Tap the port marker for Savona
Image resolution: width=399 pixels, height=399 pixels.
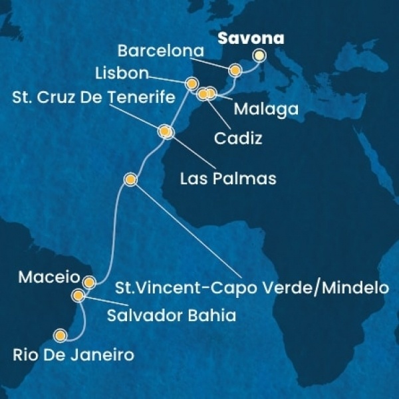tap(259, 56)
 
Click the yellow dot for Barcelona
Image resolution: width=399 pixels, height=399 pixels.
tap(235, 70)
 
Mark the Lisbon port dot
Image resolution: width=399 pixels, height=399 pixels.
tap(192, 83)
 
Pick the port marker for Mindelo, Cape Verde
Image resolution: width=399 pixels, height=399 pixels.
tap(131, 180)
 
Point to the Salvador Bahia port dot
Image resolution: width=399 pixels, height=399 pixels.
tap(79, 295)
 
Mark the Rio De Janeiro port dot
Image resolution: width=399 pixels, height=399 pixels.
tap(61, 336)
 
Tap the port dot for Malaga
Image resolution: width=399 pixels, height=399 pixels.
tap(211, 93)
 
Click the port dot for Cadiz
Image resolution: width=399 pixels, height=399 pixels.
tap(203, 94)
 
